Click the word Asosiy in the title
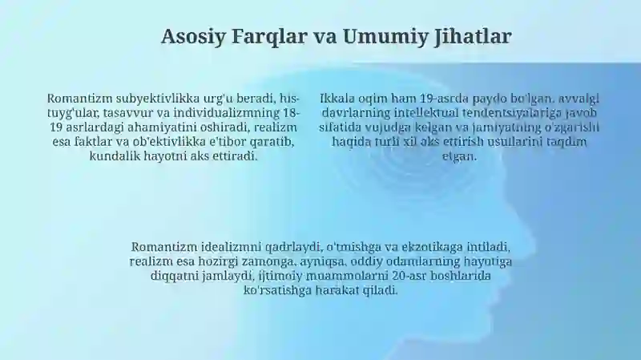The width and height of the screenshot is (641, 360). coord(193,36)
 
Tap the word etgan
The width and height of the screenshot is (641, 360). coord(459,156)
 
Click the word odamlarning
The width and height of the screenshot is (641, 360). coord(423,261)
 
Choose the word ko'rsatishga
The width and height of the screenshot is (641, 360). coord(277,290)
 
